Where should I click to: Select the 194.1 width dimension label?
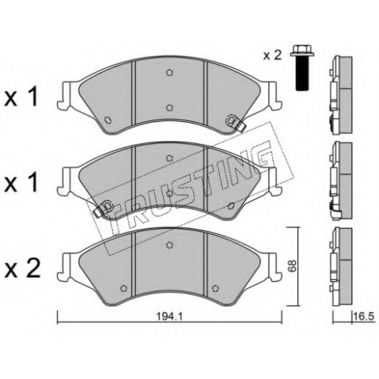click(169, 316)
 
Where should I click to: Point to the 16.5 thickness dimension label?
click(364, 317)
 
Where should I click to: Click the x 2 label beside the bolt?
click(272, 55)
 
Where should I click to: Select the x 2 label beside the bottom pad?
click(22, 269)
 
